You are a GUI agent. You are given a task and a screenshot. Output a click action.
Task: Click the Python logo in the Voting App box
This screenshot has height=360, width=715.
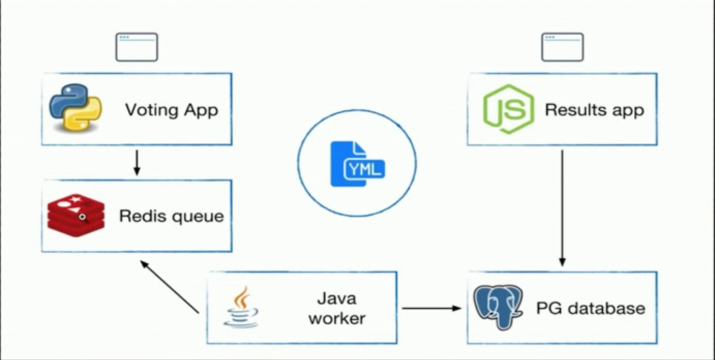point(76,108)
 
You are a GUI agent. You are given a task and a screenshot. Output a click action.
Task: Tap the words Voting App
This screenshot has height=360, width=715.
point(171,110)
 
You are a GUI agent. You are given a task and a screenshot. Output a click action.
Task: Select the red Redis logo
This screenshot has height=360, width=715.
point(76,215)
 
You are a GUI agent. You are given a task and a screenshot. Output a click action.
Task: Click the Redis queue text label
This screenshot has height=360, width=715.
point(171,216)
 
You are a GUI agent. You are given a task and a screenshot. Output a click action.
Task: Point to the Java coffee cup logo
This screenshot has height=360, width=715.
point(241,307)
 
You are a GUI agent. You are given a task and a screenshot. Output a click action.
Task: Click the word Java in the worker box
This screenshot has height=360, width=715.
point(337,298)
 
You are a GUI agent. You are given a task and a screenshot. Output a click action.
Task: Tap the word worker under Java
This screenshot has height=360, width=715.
point(337,318)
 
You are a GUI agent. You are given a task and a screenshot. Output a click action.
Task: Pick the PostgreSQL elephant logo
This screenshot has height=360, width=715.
point(498,306)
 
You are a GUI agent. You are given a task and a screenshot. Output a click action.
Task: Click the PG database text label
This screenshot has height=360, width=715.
point(590,308)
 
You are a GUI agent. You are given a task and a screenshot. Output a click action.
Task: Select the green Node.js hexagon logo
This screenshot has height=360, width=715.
point(508,109)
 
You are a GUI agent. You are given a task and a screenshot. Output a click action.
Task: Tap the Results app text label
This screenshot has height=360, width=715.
point(594,110)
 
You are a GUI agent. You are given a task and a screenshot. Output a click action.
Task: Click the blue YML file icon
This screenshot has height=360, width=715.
point(357,164)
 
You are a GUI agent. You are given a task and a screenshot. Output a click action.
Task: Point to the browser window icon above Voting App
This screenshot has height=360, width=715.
point(137,47)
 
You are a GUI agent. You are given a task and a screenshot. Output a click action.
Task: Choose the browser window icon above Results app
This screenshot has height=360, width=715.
point(562,47)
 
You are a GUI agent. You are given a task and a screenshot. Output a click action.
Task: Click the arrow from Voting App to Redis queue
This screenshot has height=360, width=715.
point(137,162)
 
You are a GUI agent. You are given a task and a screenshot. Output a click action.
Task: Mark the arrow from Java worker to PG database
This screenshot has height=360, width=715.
point(431,308)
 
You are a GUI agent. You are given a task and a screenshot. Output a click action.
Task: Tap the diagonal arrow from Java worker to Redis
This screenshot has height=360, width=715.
point(170,287)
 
